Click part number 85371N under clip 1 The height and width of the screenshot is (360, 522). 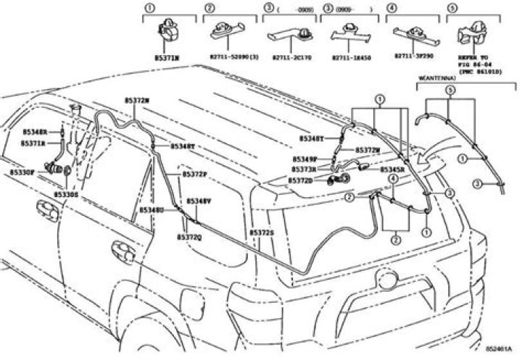tap(168, 56)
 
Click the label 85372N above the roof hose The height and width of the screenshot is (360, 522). tap(136, 101)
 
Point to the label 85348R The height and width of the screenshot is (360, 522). tap(34, 133)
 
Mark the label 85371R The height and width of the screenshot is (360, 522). tap(33, 144)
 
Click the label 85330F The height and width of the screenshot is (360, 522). tap(22, 172)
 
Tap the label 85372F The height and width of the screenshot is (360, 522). tap(194, 175)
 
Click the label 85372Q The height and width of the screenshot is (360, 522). tap(189, 237)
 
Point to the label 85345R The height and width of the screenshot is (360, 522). tap(392, 170)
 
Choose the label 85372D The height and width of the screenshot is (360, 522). tap(300, 180)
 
